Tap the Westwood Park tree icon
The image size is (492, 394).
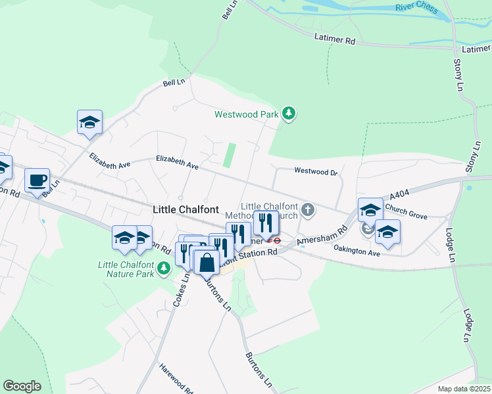(x=288, y=114)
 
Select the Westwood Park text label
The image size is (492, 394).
(x=247, y=114)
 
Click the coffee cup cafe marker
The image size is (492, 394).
(x=37, y=179)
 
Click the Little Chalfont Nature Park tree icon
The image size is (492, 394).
(x=164, y=268)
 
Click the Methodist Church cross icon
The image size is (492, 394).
(x=307, y=210)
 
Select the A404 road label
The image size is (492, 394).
(x=399, y=196)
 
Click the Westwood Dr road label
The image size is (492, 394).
(x=315, y=172)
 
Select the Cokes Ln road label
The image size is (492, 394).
(x=180, y=289)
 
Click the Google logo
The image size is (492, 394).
(x=22, y=386)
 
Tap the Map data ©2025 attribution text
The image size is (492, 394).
(x=463, y=389)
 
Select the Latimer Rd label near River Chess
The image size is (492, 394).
(x=335, y=39)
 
